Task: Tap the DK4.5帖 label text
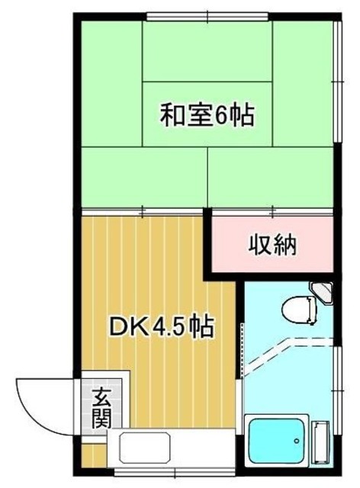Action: [161, 328]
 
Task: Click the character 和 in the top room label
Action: [172, 116]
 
